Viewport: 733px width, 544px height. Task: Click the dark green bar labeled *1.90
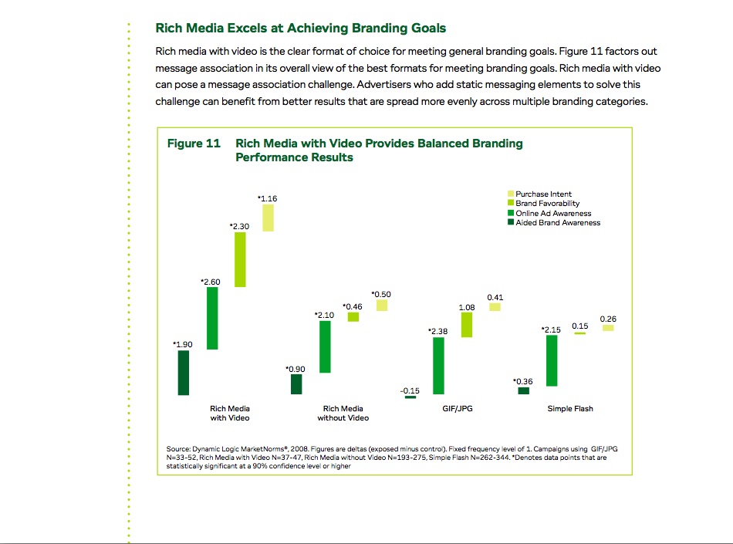pyautogui.click(x=184, y=373)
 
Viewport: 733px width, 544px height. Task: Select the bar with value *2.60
pyautogui.click(x=212, y=318)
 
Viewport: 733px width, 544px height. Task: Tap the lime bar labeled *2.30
pyautogui.click(x=240, y=259)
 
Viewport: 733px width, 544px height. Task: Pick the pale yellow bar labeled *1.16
pyautogui.click(x=268, y=218)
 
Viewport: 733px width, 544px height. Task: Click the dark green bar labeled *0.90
pyautogui.click(x=296, y=384)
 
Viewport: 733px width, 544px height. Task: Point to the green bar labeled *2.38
pyautogui.click(x=438, y=366)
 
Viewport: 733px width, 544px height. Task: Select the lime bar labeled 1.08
pyautogui.click(x=467, y=325)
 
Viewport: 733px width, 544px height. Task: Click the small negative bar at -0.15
pyautogui.click(x=410, y=397)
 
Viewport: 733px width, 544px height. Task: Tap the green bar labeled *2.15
pyautogui.click(x=552, y=361)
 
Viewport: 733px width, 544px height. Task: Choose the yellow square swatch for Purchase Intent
pyautogui.click(x=511, y=194)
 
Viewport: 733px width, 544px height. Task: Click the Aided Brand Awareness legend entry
pyautogui.click(x=554, y=222)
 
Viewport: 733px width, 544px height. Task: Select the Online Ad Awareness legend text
pyautogui.click(x=553, y=213)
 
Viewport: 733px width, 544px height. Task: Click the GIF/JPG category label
pyautogui.click(x=458, y=408)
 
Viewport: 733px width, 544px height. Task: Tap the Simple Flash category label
pyautogui.click(x=570, y=408)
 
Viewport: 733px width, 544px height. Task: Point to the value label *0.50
pyautogui.click(x=381, y=294)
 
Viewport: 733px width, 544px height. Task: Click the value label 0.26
pyautogui.click(x=608, y=319)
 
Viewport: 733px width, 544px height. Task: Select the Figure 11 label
pyautogui.click(x=194, y=143)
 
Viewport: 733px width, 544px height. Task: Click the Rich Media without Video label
pyautogui.click(x=343, y=413)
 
